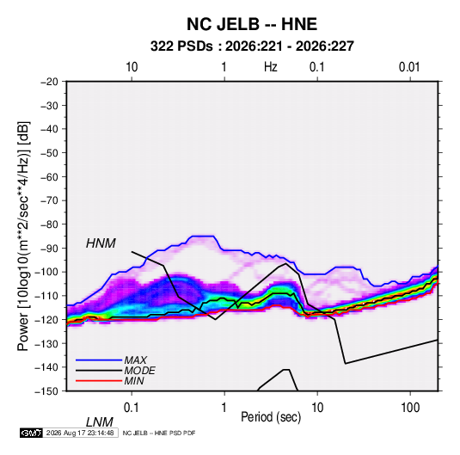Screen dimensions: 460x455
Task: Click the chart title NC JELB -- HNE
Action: point(252,24)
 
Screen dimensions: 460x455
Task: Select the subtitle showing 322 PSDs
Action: point(252,46)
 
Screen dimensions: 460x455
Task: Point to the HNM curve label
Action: point(101,243)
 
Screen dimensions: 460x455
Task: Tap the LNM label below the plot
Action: point(100,422)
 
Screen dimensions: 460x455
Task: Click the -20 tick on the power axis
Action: point(49,82)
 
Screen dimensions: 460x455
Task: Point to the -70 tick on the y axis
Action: point(49,200)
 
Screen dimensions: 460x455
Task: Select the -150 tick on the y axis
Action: point(46,391)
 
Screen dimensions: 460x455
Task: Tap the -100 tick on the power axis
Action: point(46,272)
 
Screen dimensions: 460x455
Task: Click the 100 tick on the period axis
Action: point(410,408)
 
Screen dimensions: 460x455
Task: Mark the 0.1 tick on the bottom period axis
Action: point(132,408)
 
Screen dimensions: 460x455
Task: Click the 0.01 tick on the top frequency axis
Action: point(409,67)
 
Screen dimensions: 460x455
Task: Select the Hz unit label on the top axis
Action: point(271,67)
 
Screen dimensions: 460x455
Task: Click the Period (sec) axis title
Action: point(271,417)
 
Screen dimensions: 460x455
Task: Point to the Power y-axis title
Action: point(23,237)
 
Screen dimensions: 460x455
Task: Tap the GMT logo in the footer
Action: point(32,433)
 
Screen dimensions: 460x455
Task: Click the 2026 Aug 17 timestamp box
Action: point(80,433)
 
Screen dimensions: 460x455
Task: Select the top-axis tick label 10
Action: point(132,67)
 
